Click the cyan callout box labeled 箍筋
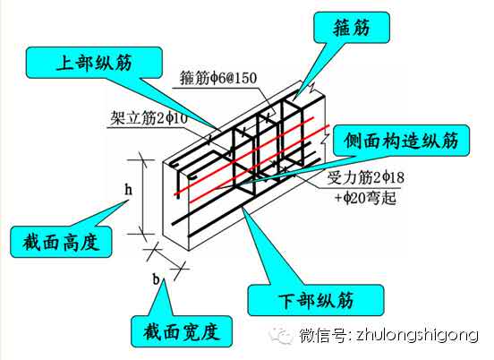pos(352,28)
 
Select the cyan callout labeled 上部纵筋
pos(94,63)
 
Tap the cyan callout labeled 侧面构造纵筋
pos(401,141)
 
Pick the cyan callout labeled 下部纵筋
pos(316,300)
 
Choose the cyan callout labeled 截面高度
pos(61,242)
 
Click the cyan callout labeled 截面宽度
pos(182,331)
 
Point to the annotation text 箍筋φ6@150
pos(218,78)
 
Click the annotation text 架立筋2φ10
pos(149,118)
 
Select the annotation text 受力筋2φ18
pos(365,177)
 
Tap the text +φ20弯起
pos(365,198)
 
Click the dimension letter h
pos(128,190)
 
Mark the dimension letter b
pos(157,279)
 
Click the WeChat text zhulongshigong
pos(417,335)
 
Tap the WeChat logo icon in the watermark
pos(280,336)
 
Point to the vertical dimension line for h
pos(143,197)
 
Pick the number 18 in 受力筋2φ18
pos(396,177)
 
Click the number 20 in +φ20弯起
pos(358,198)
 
